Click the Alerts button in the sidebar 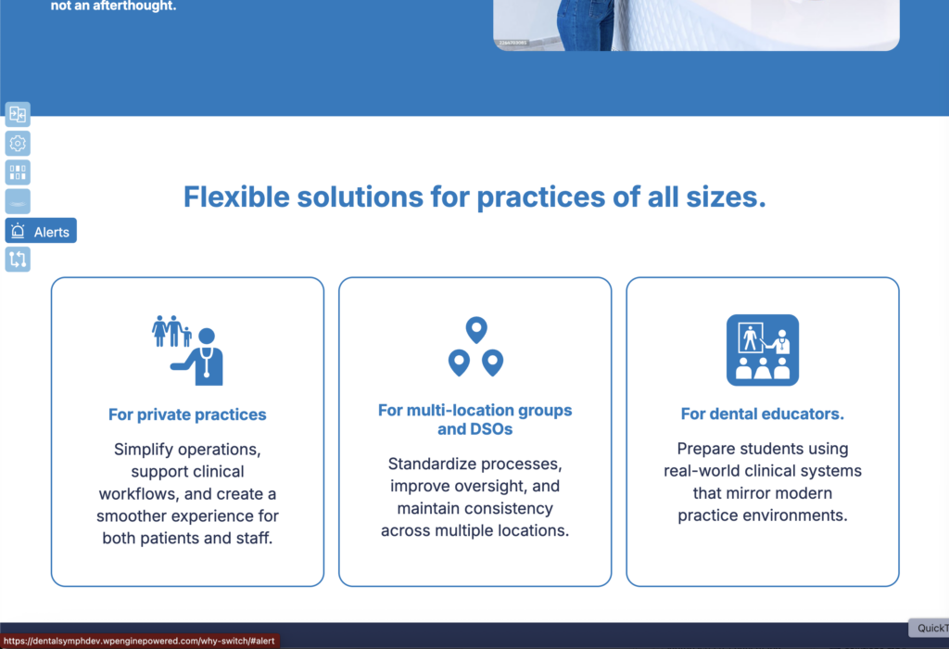coord(41,231)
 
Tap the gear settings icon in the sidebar coord(18,144)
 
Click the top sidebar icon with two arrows coord(18,114)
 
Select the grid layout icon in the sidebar coord(18,172)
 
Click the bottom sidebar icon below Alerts coord(18,260)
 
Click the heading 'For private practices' coord(187,414)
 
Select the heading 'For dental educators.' coord(763,414)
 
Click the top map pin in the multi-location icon coord(476,329)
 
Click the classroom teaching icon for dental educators coord(763,350)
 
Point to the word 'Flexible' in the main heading coord(236,197)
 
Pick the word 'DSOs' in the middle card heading coord(491,429)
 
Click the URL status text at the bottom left coord(139,642)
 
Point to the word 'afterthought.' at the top coord(134,6)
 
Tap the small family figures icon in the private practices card coord(171,331)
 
